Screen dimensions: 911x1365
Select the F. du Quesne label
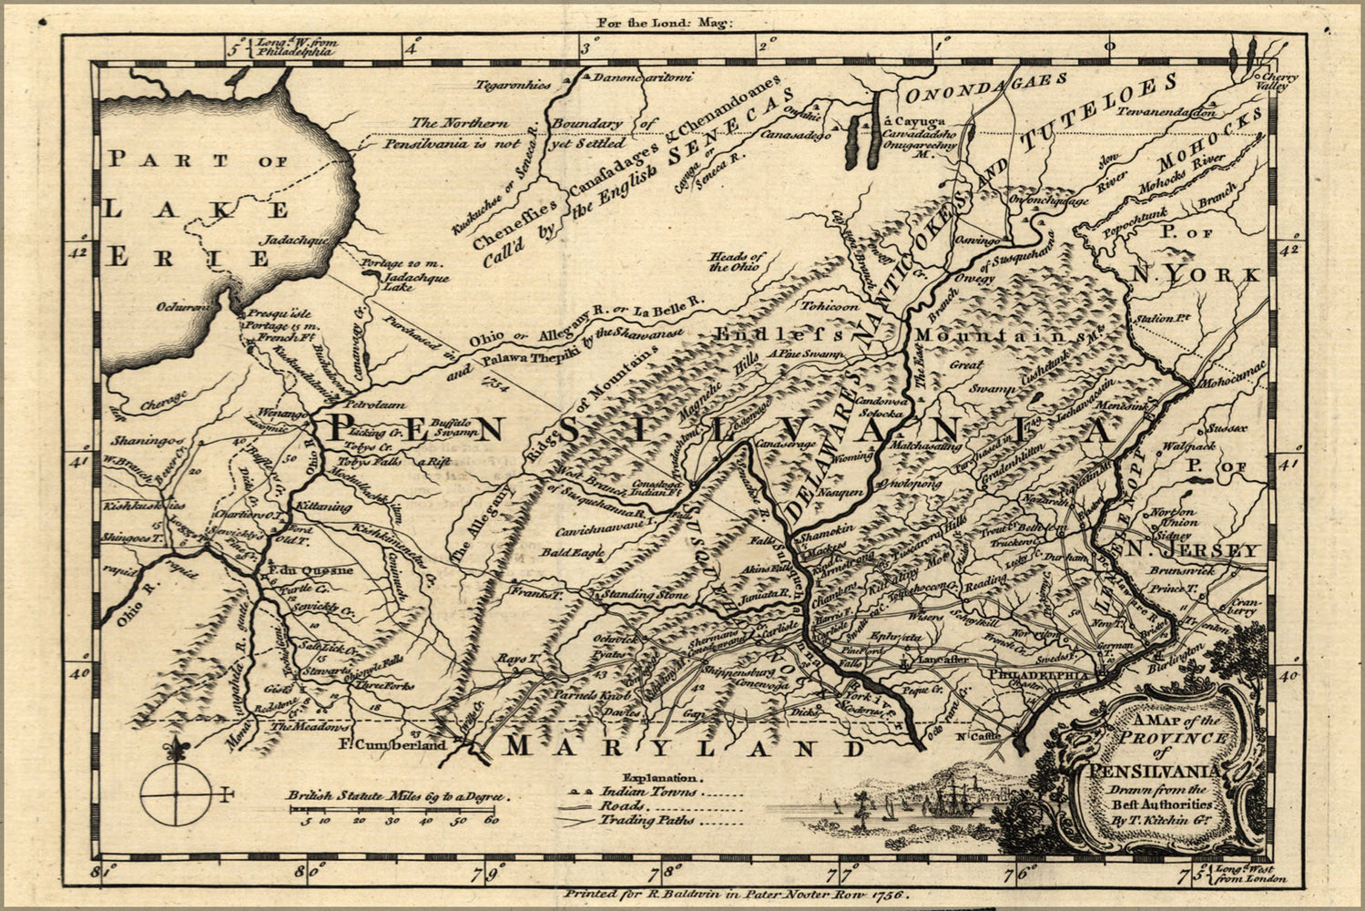311,570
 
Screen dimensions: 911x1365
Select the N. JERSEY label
1192,550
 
